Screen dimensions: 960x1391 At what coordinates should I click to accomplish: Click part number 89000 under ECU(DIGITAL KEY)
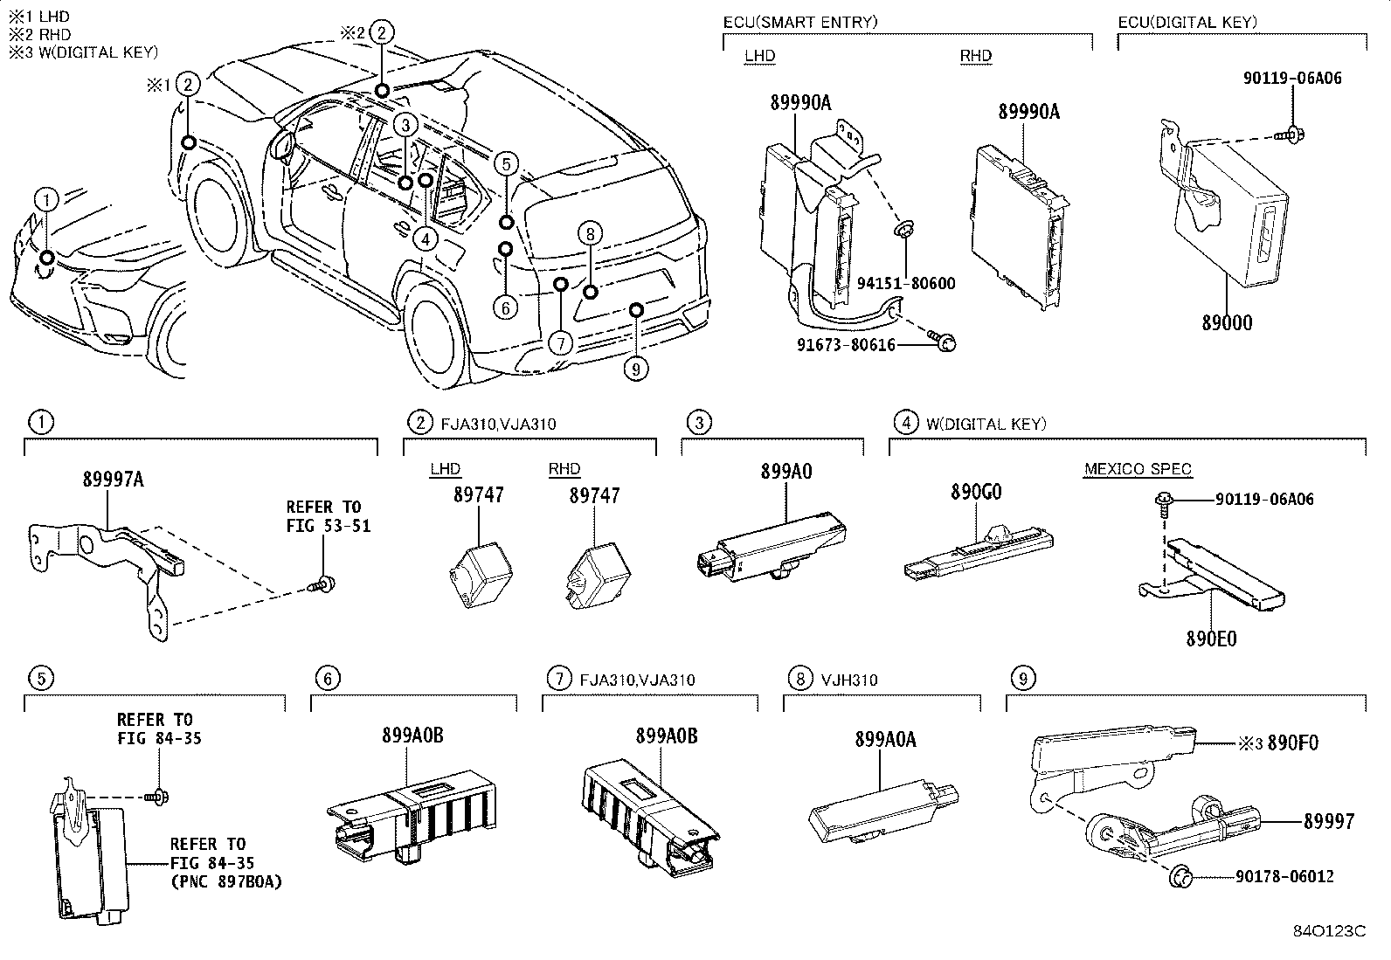click(1227, 323)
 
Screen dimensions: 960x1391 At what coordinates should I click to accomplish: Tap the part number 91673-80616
click(846, 345)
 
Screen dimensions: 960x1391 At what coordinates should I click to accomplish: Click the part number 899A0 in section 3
click(785, 472)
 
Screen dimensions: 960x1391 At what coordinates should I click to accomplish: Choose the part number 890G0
click(976, 492)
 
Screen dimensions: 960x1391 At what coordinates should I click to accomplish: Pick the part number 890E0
click(1211, 639)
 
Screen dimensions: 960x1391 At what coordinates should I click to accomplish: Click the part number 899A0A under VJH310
click(885, 740)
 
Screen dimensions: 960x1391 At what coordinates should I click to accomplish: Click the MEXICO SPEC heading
click(1138, 470)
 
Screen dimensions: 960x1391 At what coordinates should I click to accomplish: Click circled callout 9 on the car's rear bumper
click(636, 369)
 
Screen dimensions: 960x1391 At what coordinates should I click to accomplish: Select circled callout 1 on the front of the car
click(46, 200)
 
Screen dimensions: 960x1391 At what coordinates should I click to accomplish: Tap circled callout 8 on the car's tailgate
click(591, 233)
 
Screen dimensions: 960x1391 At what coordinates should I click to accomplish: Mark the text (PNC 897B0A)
click(225, 881)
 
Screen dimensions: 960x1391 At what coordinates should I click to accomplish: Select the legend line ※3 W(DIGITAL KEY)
click(83, 52)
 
